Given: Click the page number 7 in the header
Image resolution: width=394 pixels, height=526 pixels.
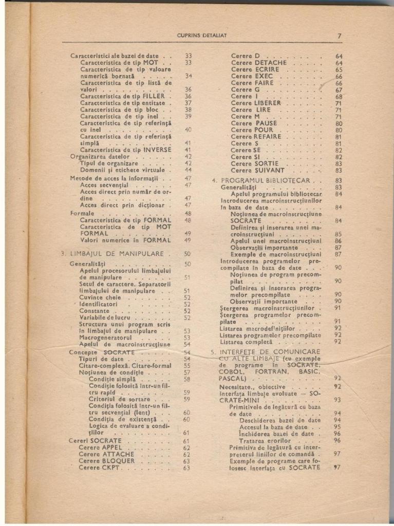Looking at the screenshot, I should (340, 35).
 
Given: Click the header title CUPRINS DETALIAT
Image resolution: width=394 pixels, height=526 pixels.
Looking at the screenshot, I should (201, 35).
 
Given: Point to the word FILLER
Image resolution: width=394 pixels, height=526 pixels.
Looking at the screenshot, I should (154, 96).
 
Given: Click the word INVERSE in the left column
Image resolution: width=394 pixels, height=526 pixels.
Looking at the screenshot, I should (157, 150).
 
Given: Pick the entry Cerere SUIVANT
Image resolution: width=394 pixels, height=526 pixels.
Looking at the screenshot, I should (257, 170).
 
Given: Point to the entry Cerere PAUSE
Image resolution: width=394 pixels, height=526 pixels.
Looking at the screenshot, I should (254, 123).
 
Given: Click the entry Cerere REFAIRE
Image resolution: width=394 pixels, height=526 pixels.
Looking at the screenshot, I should (256, 137).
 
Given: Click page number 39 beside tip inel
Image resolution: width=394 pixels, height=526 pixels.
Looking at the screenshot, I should (187, 117).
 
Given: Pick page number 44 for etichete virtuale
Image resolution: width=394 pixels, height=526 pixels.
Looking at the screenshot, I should (187, 170).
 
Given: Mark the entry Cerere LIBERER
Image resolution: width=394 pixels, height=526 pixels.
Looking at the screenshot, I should (256, 103).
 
